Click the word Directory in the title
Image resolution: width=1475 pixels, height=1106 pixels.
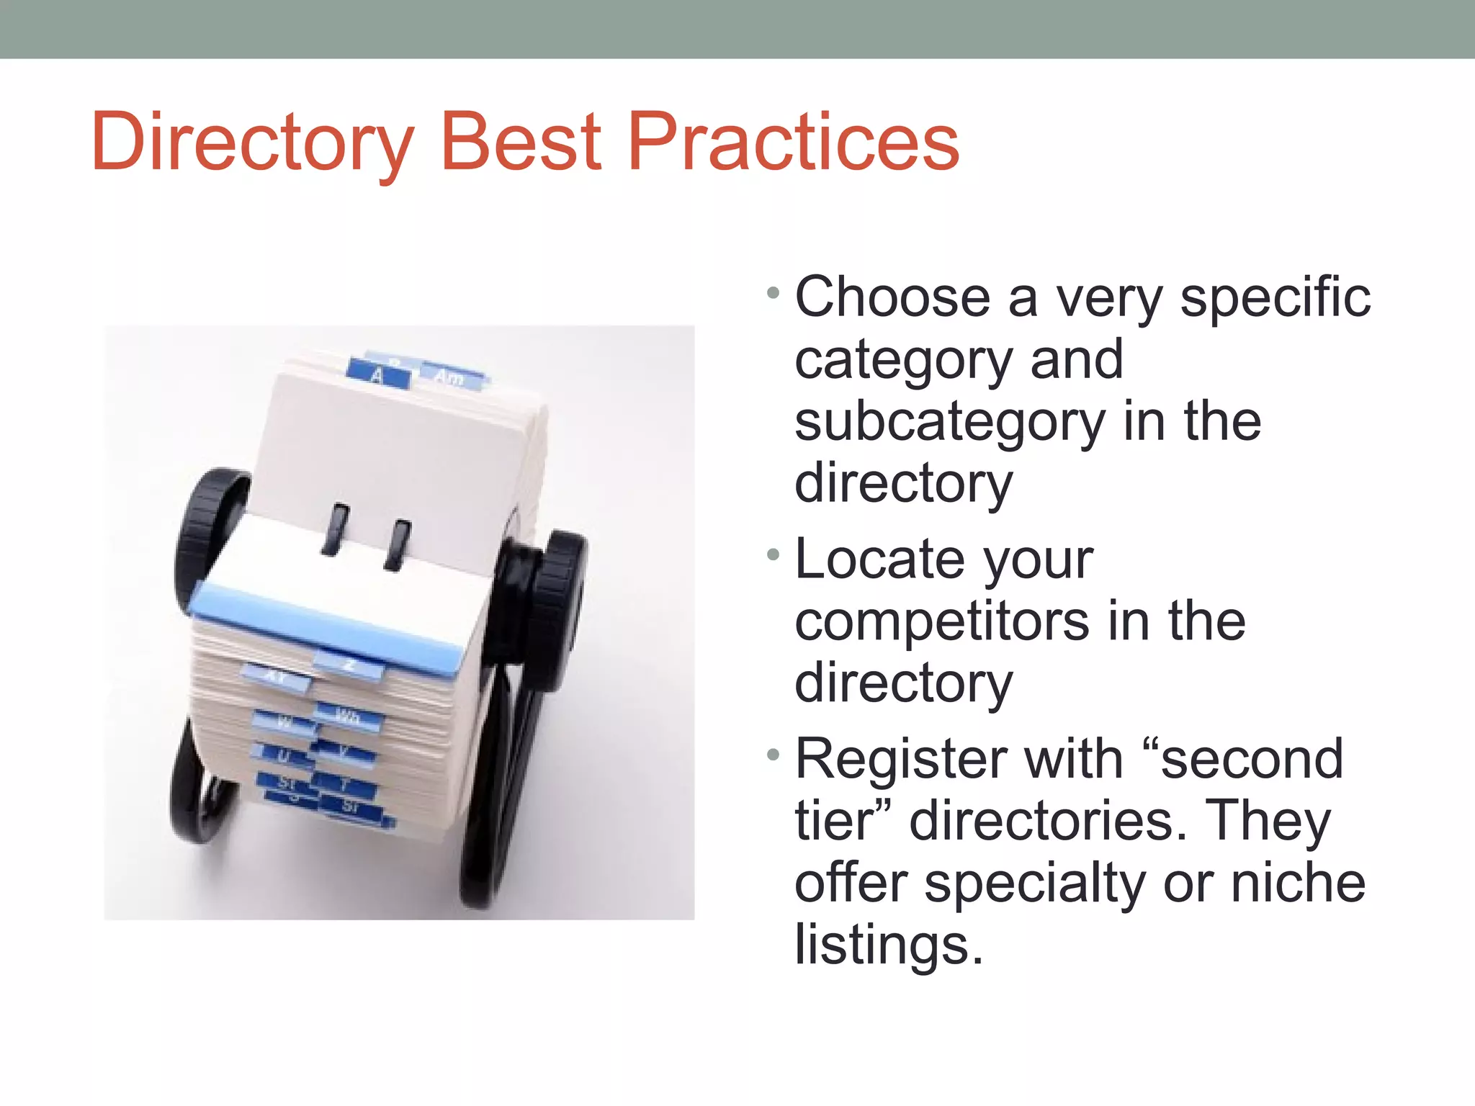point(253,143)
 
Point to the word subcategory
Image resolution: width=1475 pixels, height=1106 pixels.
point(949,423)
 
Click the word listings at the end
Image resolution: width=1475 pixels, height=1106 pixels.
point(888,945)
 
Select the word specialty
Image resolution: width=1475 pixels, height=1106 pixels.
point(1034,884)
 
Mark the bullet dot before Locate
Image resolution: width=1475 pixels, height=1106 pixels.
point(774,555)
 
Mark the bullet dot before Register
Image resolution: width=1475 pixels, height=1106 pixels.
point(774,755)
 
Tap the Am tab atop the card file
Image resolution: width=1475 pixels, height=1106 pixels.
point(451,377)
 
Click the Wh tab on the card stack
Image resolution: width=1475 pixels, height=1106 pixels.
point(349,716)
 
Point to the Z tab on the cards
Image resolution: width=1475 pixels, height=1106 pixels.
point(350,665)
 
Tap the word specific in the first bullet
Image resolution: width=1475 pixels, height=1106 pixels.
point(1275,297)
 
